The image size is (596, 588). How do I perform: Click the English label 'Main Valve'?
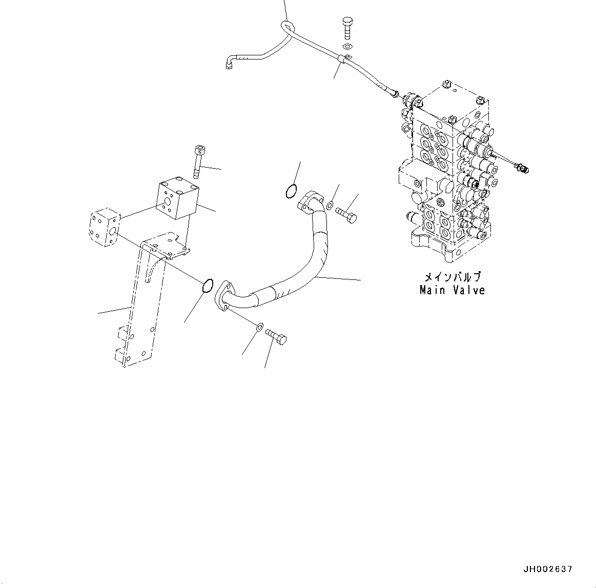452,290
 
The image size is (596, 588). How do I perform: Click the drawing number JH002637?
547,569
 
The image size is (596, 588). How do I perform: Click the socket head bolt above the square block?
198,158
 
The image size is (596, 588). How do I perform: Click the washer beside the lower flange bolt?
260,327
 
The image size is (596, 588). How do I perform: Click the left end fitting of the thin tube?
229,64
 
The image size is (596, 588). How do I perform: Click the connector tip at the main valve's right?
523,167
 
